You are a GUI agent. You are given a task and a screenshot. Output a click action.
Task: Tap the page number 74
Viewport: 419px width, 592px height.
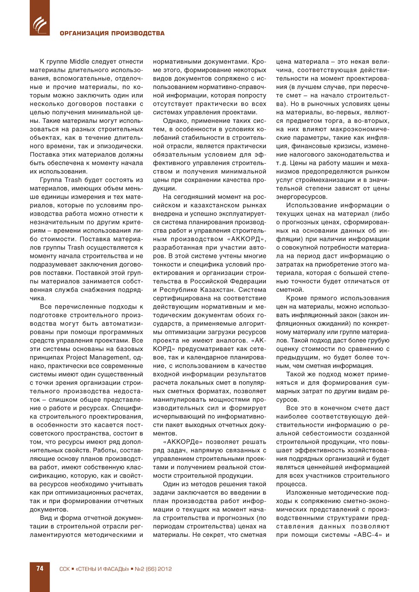(x=40, y=568)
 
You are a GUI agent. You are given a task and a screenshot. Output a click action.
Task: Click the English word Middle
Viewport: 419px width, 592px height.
(x=80, y=62)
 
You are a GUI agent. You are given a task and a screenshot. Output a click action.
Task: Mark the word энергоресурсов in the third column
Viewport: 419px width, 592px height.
(x=302, y=197)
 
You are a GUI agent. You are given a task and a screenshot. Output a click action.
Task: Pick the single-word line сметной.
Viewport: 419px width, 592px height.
(x=289, y=290)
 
